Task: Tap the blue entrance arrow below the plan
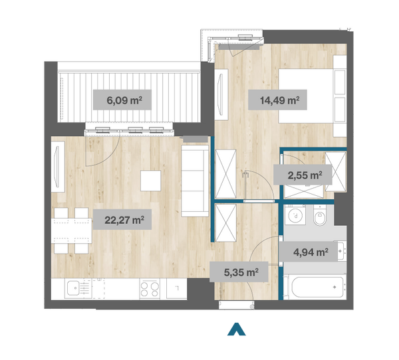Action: [237, 329]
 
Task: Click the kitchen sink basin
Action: [75, 288]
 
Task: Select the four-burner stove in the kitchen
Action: [150, 289]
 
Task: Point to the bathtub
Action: [317, 287]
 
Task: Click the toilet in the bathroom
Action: [319, 216]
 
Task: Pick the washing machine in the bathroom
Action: [295, 215]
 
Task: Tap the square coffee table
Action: [151, 181]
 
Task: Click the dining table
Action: [72, 231]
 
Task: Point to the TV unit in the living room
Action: [58, 167]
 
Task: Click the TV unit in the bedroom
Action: [221, 94]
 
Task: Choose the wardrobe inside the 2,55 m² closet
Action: [336, 171]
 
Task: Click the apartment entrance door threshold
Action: [236, 305]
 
